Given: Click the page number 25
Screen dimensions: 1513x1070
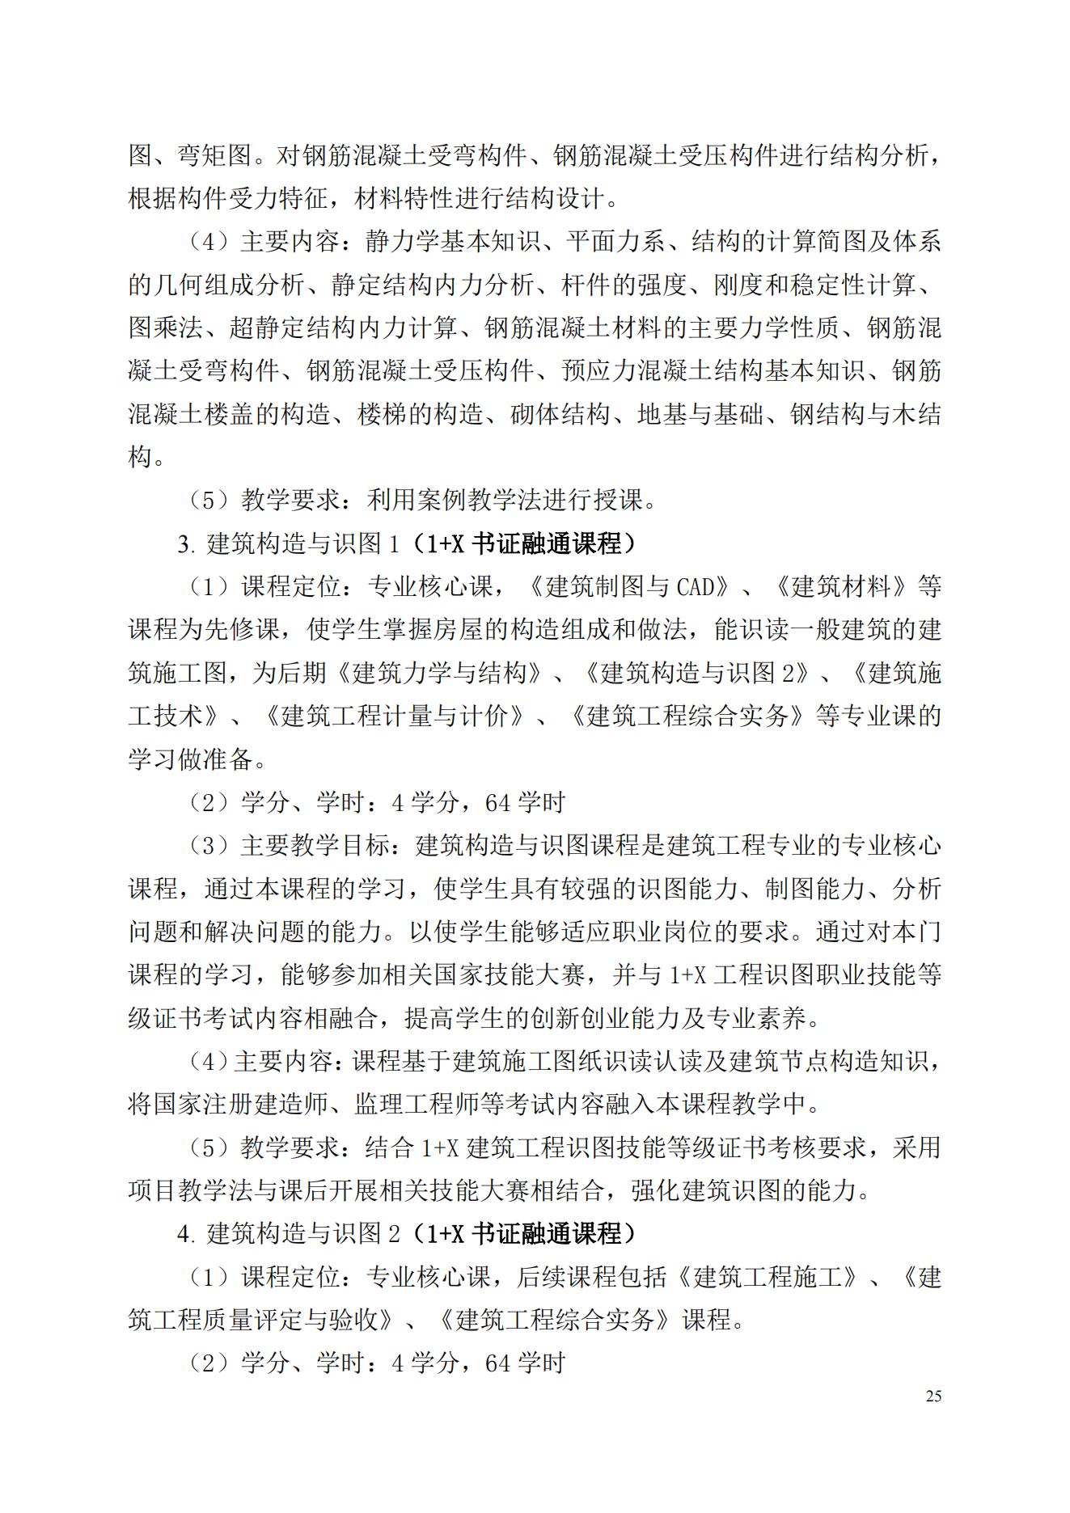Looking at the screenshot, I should point(933,1397).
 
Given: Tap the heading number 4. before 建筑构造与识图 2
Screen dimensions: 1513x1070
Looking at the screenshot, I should point(187,1234).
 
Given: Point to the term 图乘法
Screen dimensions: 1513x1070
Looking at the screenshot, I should point(166,328).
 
